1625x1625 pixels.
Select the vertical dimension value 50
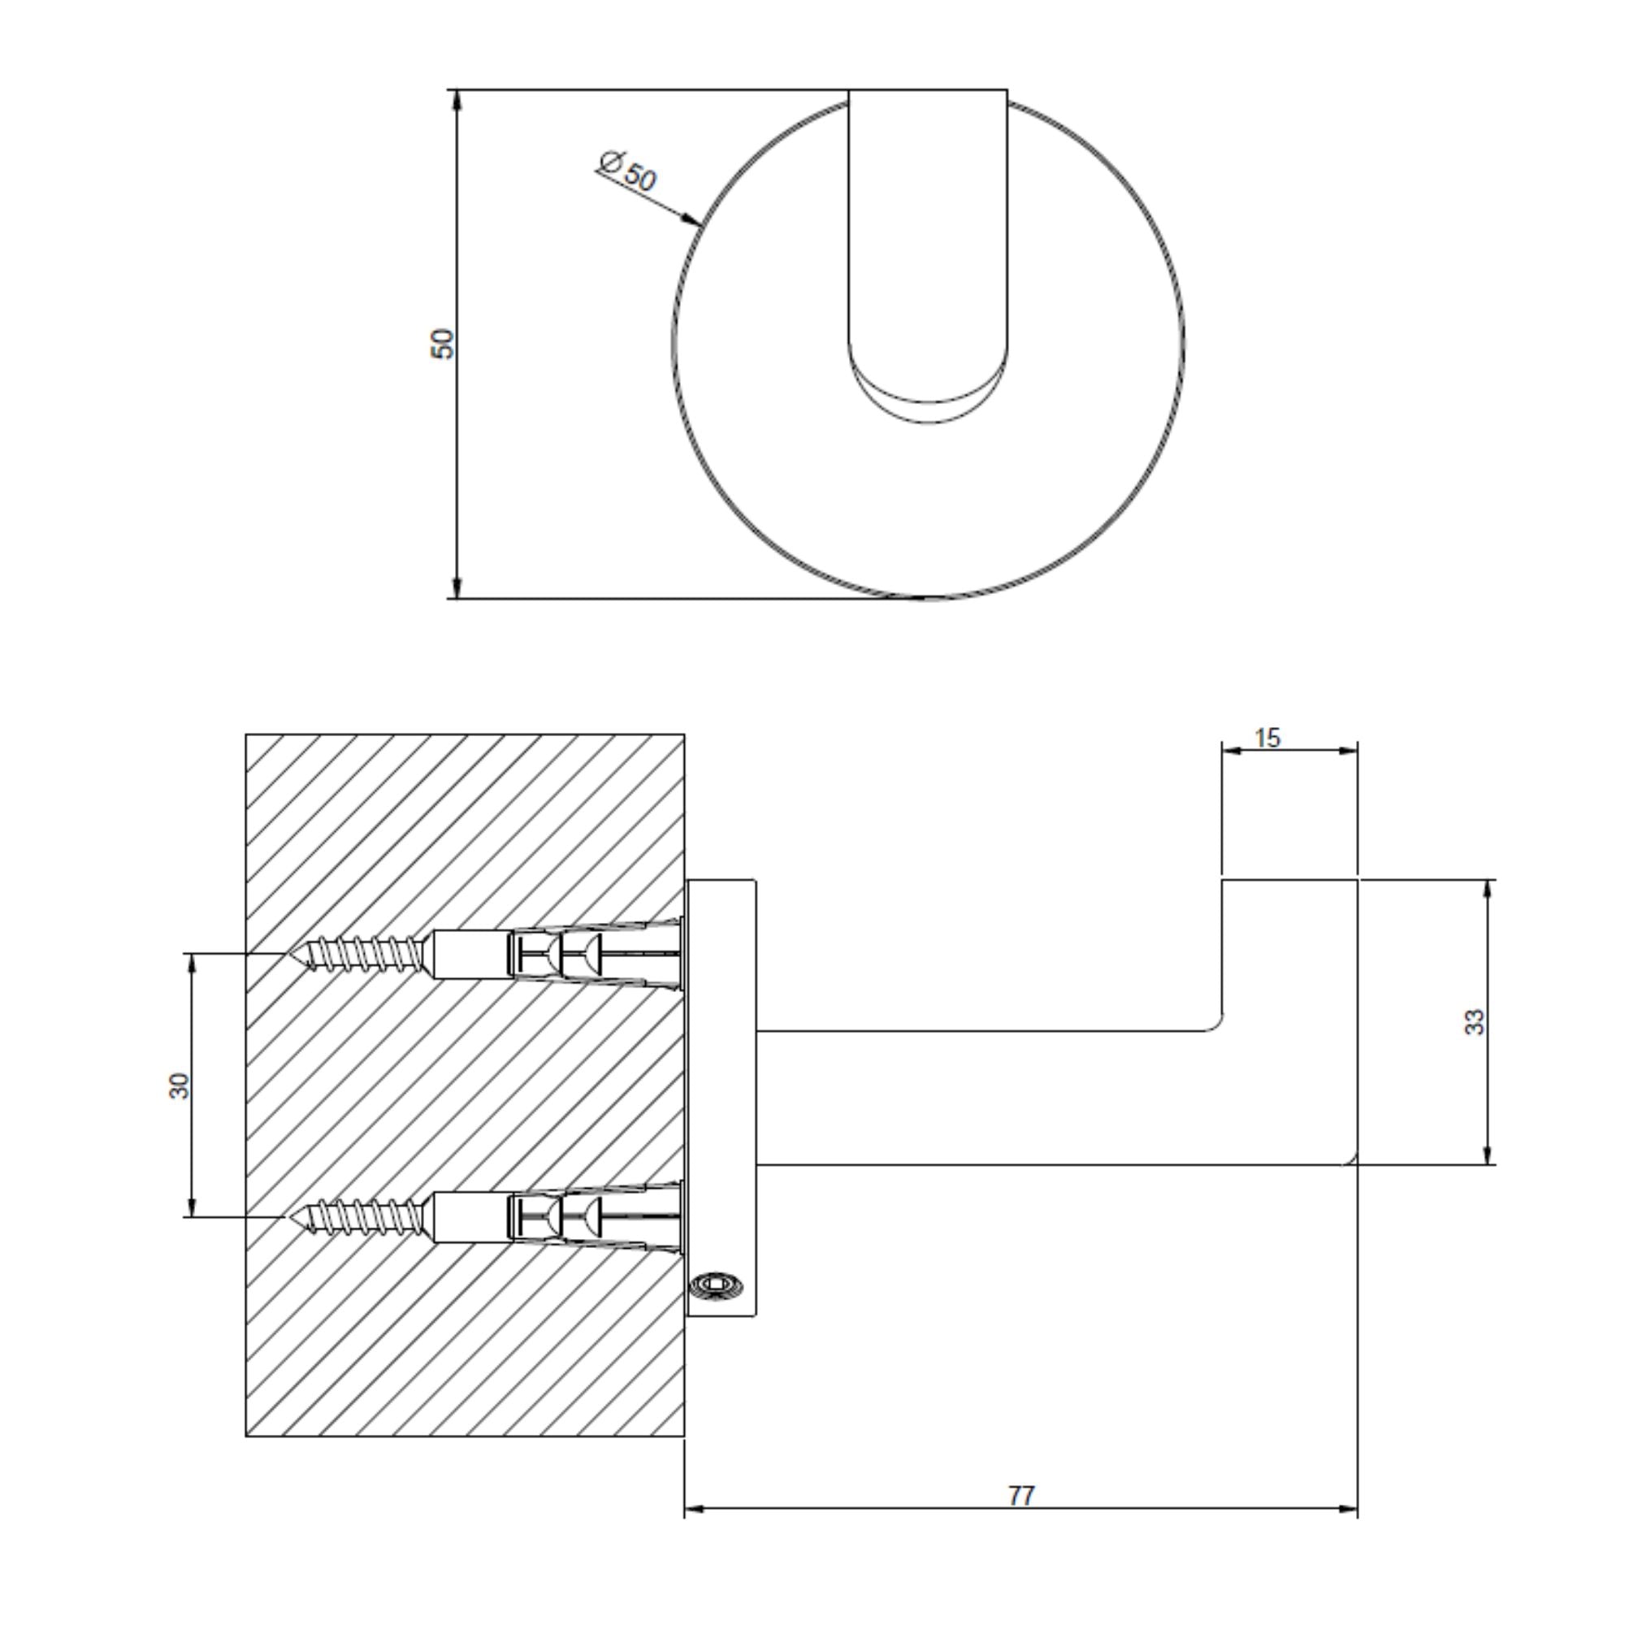[443, 343]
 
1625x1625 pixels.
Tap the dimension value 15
[1267, 738]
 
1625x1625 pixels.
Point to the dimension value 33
[1475, 1022]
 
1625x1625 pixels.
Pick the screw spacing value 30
[179, 1085]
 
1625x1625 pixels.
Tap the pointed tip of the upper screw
[291, 954]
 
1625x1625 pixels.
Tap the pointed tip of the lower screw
[291, 1217]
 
